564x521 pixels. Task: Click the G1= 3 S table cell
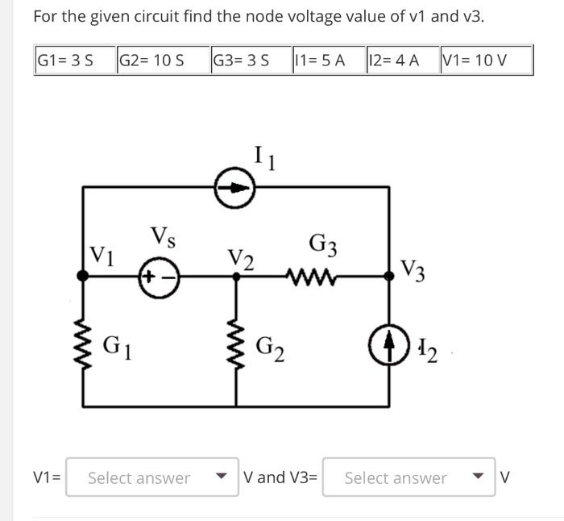point(74,60)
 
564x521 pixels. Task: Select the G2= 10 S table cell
point(161,60)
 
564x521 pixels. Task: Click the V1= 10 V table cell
point(485,60)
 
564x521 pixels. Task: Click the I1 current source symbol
point(234,188)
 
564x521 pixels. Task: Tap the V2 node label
point(240,260)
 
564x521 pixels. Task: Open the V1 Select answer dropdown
point(150,477)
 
